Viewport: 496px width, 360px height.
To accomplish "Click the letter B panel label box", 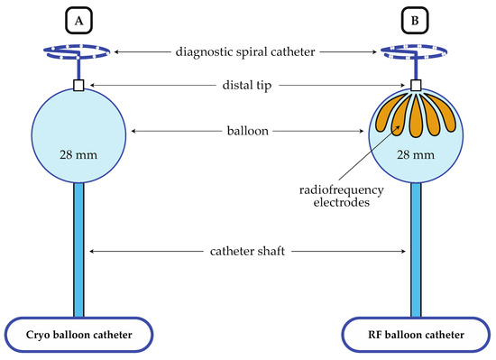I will click(415, 19).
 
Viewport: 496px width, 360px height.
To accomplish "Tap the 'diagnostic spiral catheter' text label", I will click(247, 53).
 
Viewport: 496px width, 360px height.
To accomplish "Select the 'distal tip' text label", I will click(247, 86).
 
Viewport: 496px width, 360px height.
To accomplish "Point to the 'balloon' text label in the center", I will click(247, 133).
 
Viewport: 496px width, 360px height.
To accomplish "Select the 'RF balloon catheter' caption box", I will click(415, 335).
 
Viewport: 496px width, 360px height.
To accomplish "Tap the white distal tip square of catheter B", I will click(416, 86).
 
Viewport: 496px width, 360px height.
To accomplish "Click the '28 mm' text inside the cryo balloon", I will click(78, 155).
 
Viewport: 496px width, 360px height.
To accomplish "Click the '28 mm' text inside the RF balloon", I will click(416, 155).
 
